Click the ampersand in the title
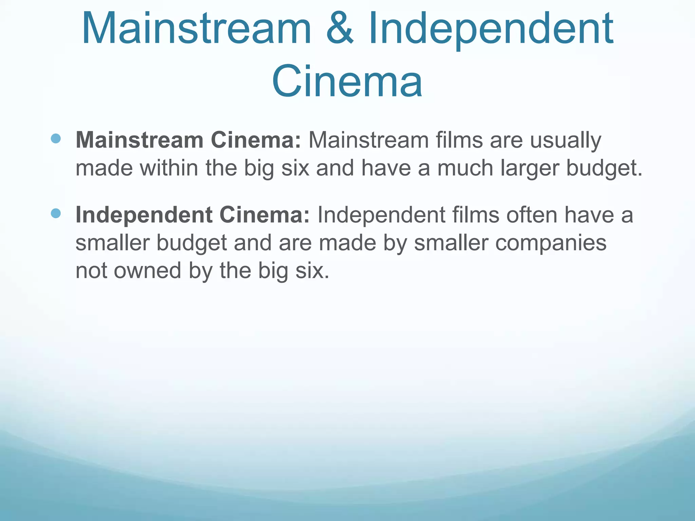(x=340, y=28)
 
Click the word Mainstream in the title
(x=196, y=28)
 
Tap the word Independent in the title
(x=491, y=28)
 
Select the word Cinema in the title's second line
(x=347, y=82)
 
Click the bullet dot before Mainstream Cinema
(x=56, y=138)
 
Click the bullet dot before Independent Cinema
(x=56, y=213)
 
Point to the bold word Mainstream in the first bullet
(x=139, y=140)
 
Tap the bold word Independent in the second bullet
(x=144, y=215)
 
